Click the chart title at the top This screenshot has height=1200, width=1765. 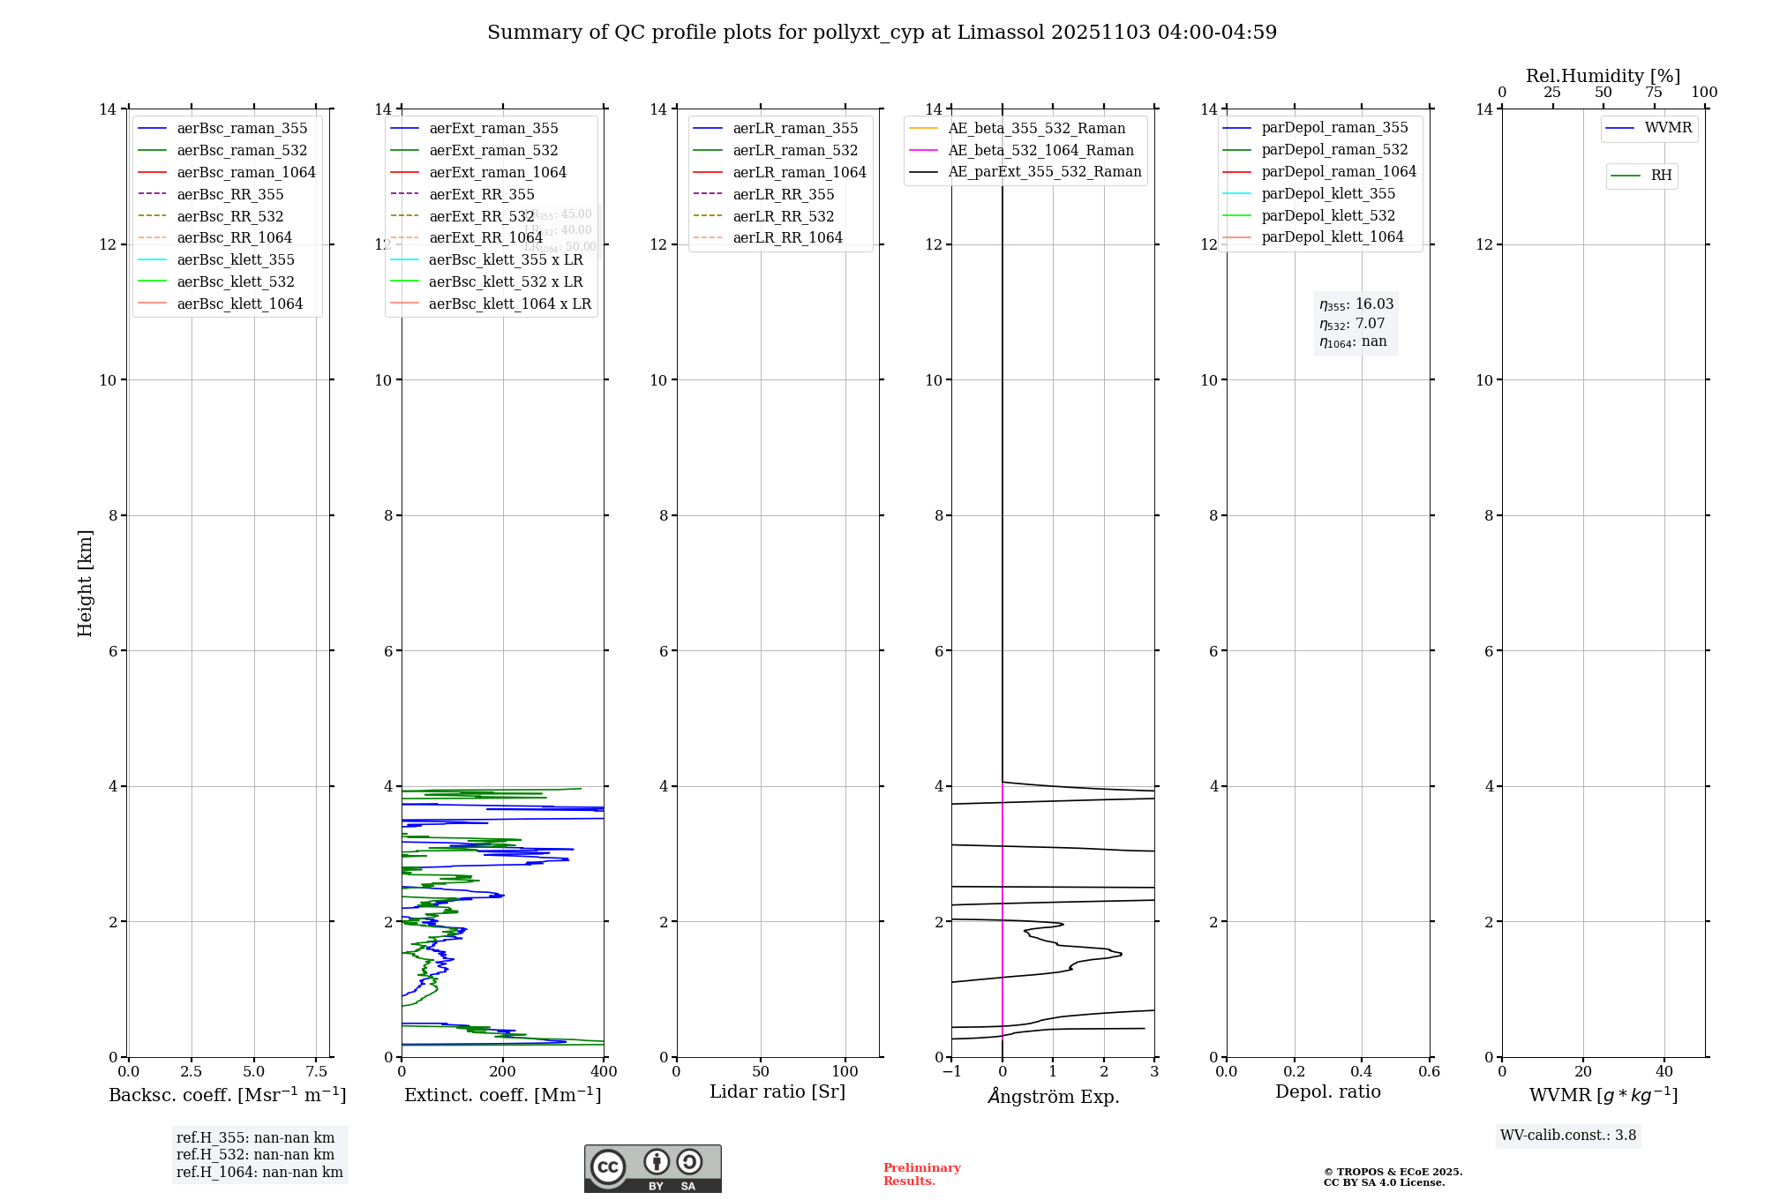882,33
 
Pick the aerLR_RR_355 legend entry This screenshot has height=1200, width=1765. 783,194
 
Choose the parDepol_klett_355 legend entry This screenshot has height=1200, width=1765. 1328,194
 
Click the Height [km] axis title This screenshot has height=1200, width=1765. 85,583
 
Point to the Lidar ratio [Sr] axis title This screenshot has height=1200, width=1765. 777,1092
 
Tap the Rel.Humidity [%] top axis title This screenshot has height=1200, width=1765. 1603,76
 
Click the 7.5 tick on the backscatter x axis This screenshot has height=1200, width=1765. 317,1072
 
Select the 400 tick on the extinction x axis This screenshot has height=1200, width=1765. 604,1072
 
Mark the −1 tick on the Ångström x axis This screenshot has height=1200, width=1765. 951,1072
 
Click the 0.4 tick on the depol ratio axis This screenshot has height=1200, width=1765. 1362,1072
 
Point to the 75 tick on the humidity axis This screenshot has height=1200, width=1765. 1654,93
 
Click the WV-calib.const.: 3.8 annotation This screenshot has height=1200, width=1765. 1568,1136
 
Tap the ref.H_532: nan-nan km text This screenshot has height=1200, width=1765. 255,1155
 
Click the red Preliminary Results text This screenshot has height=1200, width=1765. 921,1174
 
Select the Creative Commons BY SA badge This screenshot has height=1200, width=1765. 652,1169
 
